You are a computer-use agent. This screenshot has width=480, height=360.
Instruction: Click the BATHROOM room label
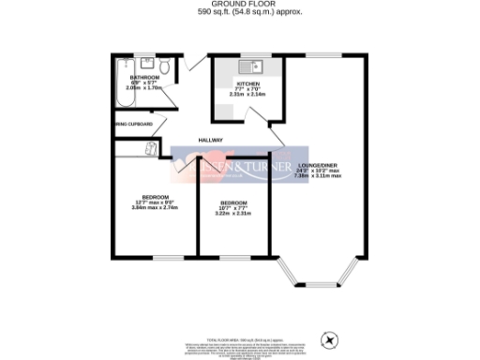click(145, 77)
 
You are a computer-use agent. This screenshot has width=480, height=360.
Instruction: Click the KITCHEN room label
click(247, 82)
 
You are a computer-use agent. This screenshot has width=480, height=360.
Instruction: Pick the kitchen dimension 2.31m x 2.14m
click(247, 94)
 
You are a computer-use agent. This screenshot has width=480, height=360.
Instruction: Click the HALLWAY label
click(210, 141)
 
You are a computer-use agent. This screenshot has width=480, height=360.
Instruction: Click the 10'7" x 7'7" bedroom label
click(233, 208)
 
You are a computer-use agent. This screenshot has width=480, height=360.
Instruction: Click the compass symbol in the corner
click(328, 338)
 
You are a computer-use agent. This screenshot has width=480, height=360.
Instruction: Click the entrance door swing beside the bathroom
click(193, 63)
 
